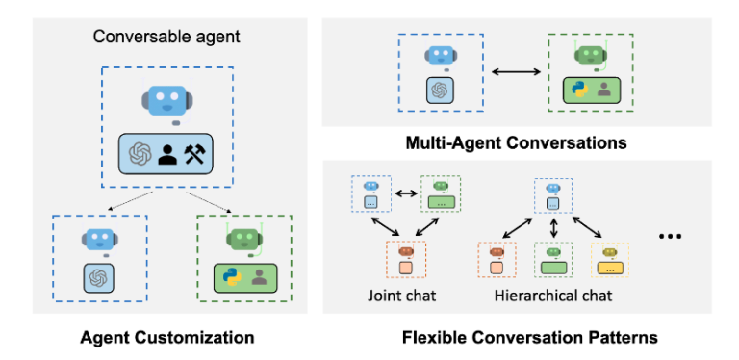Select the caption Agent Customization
(168, 337)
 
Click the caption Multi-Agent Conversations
(516, 142)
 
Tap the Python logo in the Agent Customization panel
(230, 277)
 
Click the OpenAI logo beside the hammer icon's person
(139, 153)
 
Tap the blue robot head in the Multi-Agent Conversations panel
(437, 56)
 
